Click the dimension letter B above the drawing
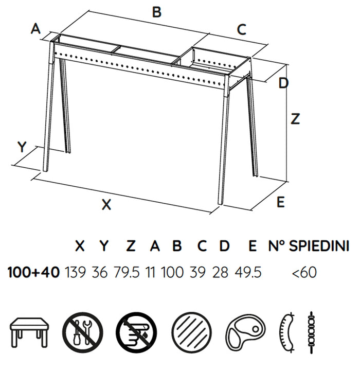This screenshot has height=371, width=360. click(156, 12)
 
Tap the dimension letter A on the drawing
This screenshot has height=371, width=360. click(35, 29)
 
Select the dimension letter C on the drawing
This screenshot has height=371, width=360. click(242, 30)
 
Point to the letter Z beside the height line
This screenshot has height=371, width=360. click(295, 119)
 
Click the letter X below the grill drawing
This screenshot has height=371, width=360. click(106, 204)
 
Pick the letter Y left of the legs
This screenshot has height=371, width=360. click(22, 147)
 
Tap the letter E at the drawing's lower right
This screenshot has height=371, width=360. click(280, 202)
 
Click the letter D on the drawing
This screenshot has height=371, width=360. click(283, 83)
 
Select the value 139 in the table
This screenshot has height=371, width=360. click(75, 272)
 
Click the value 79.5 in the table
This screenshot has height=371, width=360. click(127, 272)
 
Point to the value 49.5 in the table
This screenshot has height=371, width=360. click(248, 272)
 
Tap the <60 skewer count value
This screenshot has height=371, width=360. click(304, 272)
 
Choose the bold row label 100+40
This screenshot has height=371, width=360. click(33, 272)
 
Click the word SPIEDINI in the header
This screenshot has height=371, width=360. click(319, 246)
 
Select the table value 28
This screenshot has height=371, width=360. click(221, 272)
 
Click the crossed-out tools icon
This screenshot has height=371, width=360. click(83, 332)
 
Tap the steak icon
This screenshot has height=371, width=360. click(246, 332)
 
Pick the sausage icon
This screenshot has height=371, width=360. click(286, 332)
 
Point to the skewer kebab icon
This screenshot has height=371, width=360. click(311, 332)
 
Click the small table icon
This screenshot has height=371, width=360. click(29, 332)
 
